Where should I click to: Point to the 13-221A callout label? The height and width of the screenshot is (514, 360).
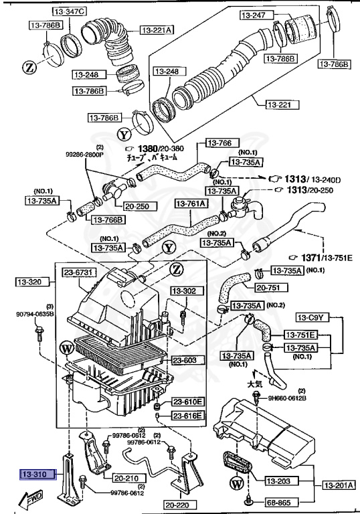pos(157,29)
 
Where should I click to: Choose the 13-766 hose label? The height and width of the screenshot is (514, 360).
pos(217,143)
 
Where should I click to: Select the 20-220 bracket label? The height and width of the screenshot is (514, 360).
pos(177,505)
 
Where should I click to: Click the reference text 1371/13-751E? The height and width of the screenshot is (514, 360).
pos(319,257)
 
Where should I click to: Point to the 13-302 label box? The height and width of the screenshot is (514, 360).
pos(185,291)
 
